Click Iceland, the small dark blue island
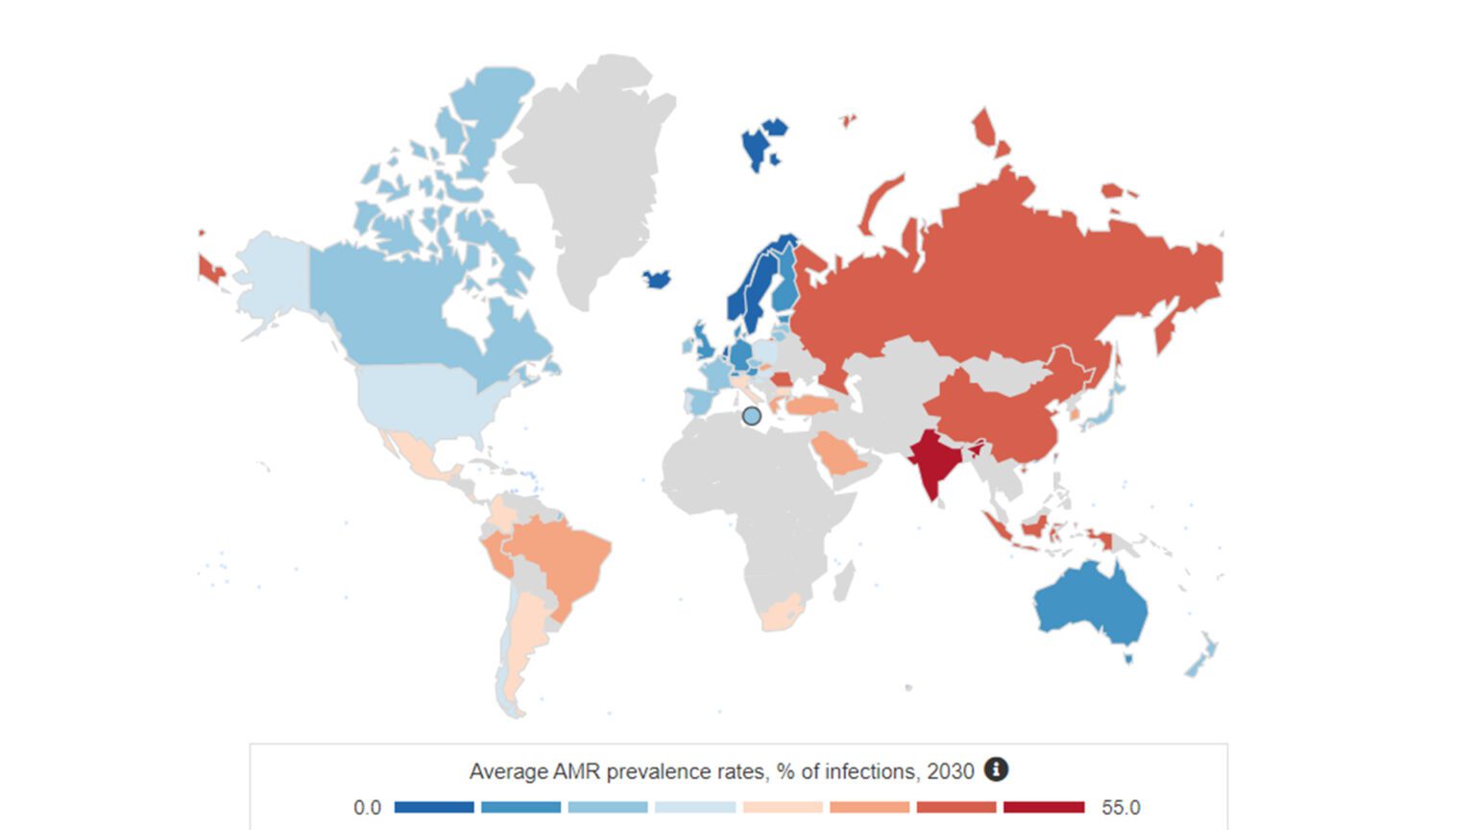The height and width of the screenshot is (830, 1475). tap(657, 280)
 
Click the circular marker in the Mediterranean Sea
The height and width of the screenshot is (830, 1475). tap(752, 416)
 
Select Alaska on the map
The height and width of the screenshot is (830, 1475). tap(270, 279)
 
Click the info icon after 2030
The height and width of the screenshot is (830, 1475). tap(996, 769)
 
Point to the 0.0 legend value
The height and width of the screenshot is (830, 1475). tap(367, 808)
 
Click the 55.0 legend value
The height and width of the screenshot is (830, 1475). tap(1121, 808)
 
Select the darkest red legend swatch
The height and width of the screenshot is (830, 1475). tap(1044, 807)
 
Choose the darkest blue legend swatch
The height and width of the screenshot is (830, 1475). tap(434, 807)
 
